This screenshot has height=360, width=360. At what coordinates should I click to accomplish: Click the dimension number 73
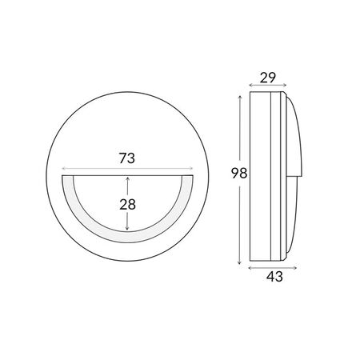[127, 158]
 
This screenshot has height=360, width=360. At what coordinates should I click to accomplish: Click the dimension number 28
[127, 205]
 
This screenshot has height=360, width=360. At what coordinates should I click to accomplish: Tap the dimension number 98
[239, 174]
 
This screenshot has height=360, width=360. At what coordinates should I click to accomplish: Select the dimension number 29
[268, 78]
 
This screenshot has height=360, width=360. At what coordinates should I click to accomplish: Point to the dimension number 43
[274, 277]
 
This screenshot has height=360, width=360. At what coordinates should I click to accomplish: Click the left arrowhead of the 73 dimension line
[63, 169]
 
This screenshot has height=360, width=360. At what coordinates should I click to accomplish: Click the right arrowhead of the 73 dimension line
[191, 169]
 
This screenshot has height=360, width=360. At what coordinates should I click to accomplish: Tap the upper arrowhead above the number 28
[127, 178]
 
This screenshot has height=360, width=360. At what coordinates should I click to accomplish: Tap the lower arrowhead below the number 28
[127, 228]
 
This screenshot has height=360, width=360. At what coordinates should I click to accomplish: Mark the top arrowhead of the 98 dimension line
[240, 98]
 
